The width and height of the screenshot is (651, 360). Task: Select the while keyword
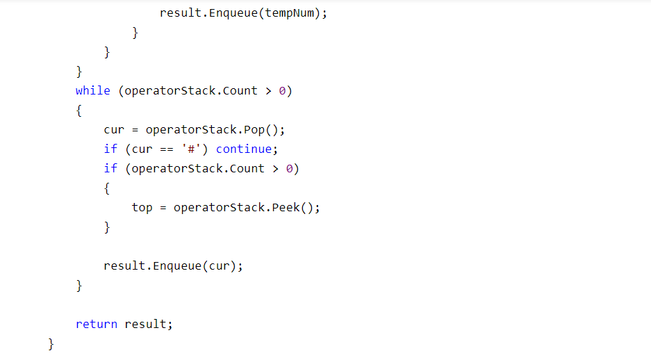92,91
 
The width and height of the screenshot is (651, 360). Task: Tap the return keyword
96,325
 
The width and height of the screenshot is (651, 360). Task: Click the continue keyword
243,149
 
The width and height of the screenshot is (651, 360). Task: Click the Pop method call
267,130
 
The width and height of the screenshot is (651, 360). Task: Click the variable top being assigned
142,208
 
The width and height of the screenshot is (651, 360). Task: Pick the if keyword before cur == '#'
110,149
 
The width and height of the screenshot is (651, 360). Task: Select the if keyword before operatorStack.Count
110,169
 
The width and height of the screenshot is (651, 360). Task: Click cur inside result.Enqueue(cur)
219,266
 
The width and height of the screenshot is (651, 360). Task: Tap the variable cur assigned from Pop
114,130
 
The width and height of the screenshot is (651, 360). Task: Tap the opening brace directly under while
79,111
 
